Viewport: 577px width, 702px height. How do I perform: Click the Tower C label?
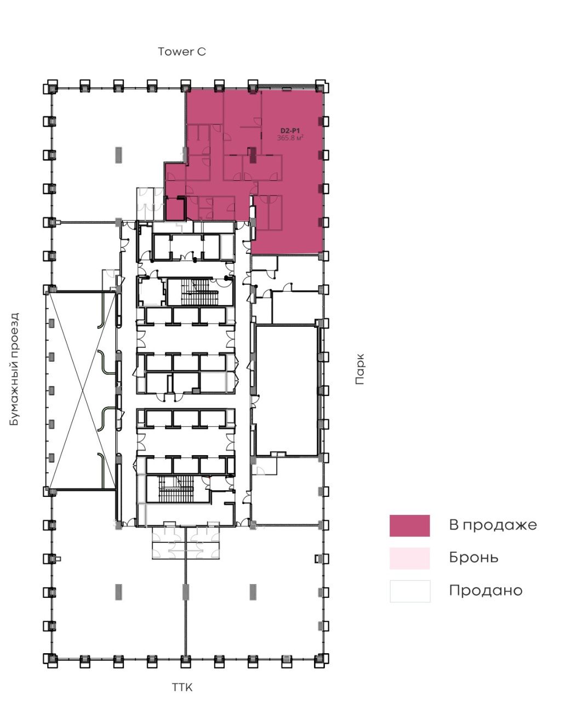point(182,52)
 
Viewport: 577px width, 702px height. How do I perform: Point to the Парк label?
point(360,369)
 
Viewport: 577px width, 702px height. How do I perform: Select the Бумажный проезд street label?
point(14,369)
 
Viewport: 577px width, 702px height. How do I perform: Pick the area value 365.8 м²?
point(290,138)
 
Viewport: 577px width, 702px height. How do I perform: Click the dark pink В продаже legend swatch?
point(410,525)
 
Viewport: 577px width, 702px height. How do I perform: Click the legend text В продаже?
point(493,525)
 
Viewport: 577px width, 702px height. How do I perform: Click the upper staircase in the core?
point(199,292)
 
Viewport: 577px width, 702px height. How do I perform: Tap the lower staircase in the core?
point(176,489)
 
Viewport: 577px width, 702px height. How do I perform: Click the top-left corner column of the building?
point(50,87)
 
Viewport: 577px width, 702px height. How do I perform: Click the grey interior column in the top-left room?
point(118,155)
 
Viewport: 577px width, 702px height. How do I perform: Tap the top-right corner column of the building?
point(321,87)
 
